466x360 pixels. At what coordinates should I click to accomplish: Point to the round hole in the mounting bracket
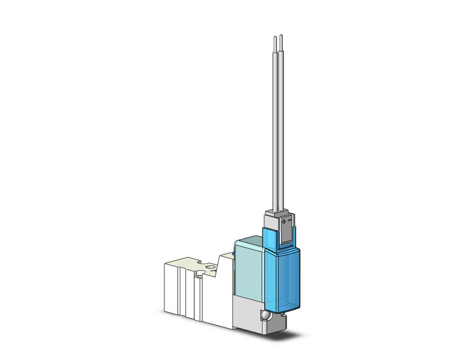210,267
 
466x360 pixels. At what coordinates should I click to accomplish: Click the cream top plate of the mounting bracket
196,264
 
